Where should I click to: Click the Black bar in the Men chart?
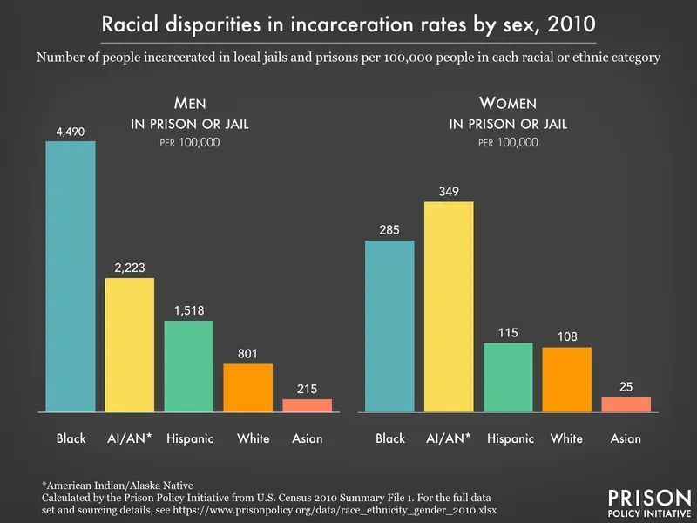(x=71, y=276)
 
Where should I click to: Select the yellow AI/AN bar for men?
(x=129, y=344)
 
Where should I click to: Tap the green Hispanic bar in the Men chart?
(x=188, y=366)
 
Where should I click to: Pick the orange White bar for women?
(x=566, y=379)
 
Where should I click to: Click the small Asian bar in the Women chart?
(x=626, y=404)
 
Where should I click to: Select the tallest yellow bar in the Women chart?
(x=449, y=306)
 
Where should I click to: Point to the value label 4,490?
(x=71, y=131)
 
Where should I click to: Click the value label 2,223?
(x=129, y=268)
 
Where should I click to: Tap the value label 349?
(x=449, y=191)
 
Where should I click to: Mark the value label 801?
(x=247, y=353)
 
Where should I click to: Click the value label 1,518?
(x=188, y=310)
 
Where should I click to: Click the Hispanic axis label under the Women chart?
(x=510, y=438)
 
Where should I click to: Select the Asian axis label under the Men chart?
(x=307, y=438)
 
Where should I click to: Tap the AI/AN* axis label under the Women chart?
(x=449, y=438)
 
